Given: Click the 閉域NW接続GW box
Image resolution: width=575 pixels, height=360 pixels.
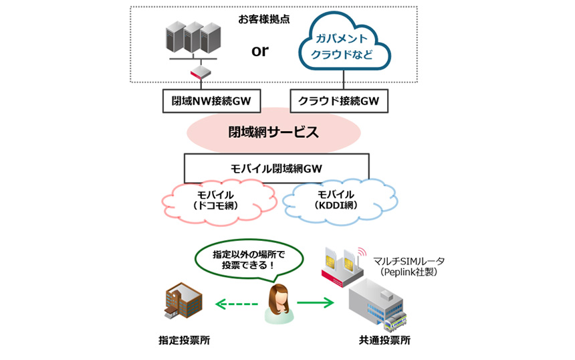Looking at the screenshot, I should click(211, 102).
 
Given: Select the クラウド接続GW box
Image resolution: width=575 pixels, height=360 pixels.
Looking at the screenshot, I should click(340, 102).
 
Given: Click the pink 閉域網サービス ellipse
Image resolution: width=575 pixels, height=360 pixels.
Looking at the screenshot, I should click(273, 132).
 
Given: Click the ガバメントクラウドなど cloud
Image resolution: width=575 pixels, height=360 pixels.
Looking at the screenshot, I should click(342, 45).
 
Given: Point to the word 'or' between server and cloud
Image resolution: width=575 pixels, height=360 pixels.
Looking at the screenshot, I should click(260, 51).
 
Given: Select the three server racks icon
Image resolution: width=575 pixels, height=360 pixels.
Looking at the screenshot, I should click(192, 39).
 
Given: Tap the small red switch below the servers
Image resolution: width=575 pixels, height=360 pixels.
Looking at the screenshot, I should click(200, 74).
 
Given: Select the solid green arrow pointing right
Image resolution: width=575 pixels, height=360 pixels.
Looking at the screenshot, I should click(314, 304).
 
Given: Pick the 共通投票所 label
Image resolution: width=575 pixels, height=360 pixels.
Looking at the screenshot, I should click(384, 341).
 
